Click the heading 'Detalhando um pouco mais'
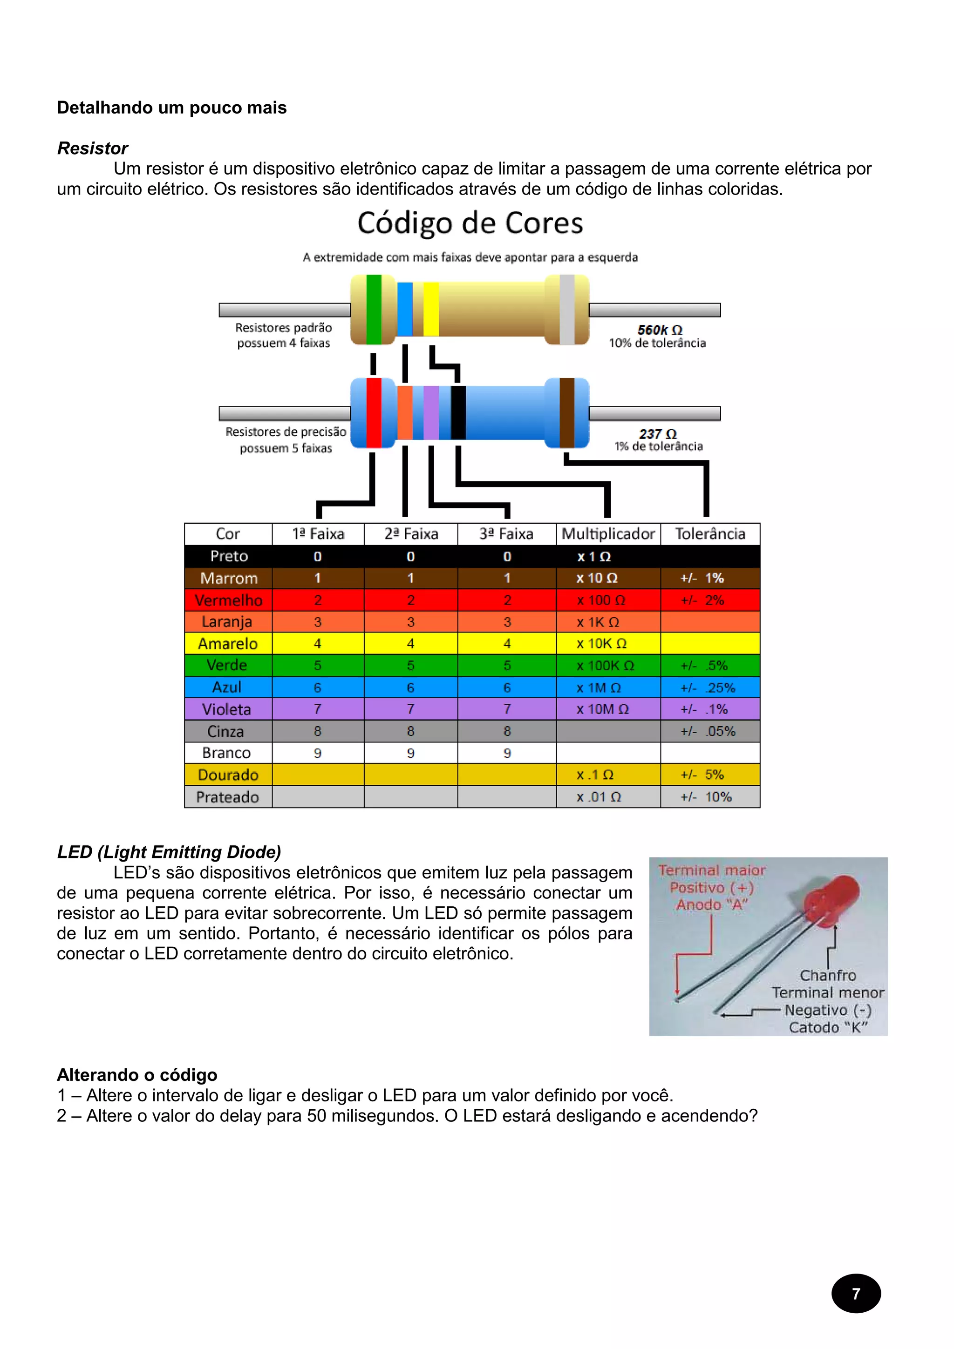[171, 108]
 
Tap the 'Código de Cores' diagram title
[470, 224]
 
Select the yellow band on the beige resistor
[431, 309]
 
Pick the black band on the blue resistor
[458, 412]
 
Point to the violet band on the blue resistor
[431, 412]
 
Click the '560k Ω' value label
[660, 330]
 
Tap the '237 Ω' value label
[658, 434]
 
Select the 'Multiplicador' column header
[608, 533]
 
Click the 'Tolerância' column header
[710, 533]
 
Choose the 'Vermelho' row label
[228, 600]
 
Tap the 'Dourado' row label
[228, 775]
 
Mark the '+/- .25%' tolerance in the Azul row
[708, 688]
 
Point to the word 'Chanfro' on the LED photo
[828, 975]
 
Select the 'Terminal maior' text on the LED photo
[712, 870]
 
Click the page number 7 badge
[856, 1293]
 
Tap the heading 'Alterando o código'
[137, 1075]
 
